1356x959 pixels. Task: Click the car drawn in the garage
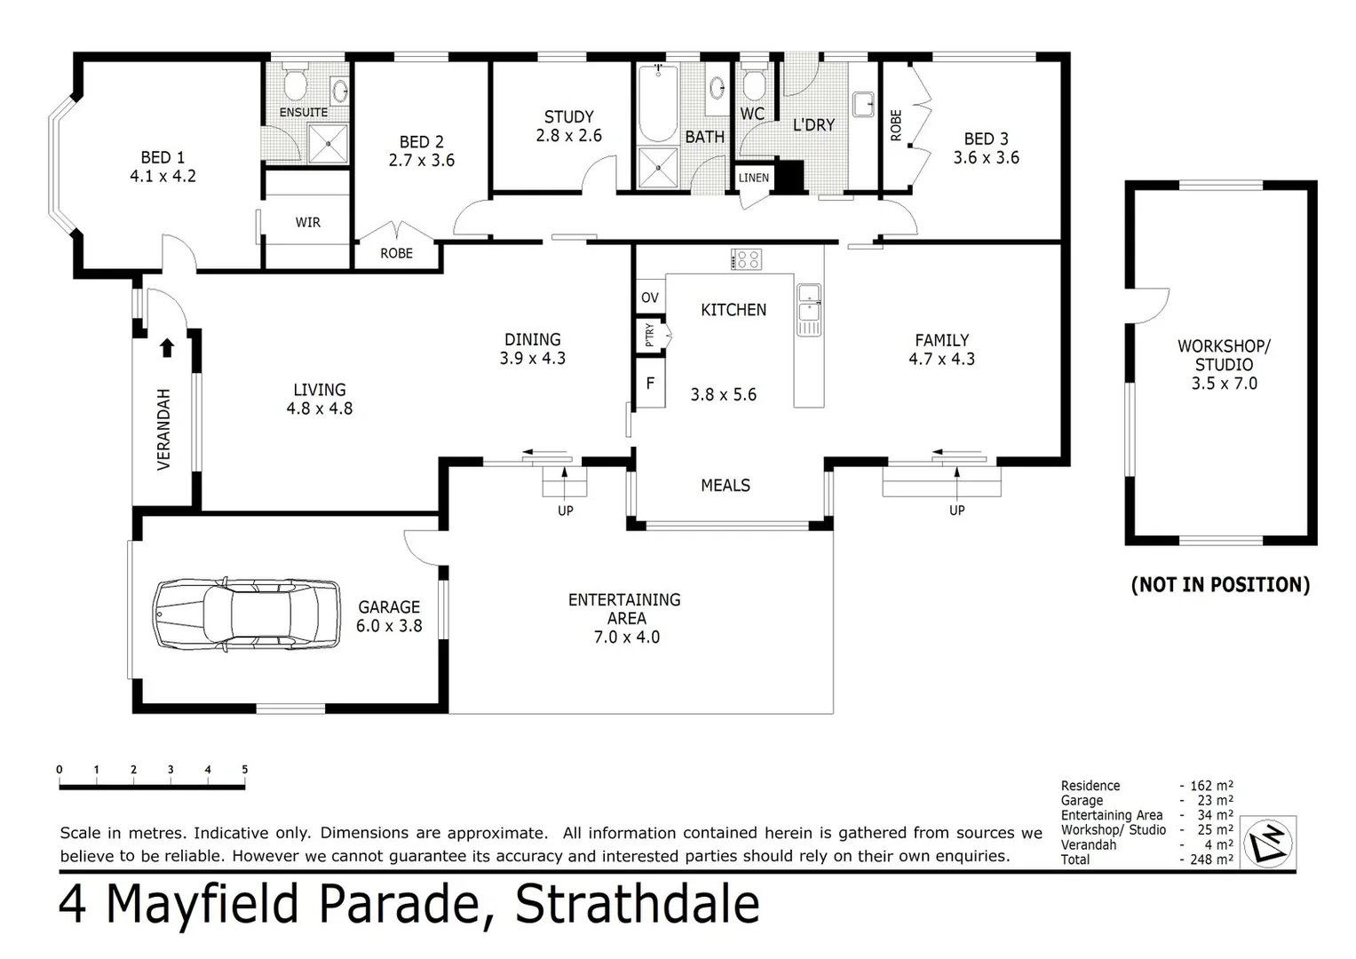(x=247, y=614)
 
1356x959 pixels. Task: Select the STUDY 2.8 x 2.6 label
(x=568, y=126)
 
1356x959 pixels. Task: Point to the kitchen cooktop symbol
(x=746, y=259)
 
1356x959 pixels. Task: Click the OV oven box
(x=650, y=297)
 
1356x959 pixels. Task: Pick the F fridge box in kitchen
(x=650, y=384)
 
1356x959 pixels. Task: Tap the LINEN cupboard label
(x=754, y=178)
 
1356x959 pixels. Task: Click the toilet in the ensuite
(x=295, y=85)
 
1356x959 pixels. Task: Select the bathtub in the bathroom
(x=658, y=104)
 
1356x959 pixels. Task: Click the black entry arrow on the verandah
(x=167, y=347)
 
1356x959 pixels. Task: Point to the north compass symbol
(x=1267, y=842)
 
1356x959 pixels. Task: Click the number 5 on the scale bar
(x=244, y=770)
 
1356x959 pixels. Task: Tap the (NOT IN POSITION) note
(x=1220, y=584)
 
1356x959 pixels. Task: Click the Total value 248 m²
(x=1210, y=860)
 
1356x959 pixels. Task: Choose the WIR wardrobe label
(x=307, y=222)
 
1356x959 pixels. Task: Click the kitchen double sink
(x=809, y=309)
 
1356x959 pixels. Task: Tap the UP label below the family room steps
(x=956, y=511)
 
